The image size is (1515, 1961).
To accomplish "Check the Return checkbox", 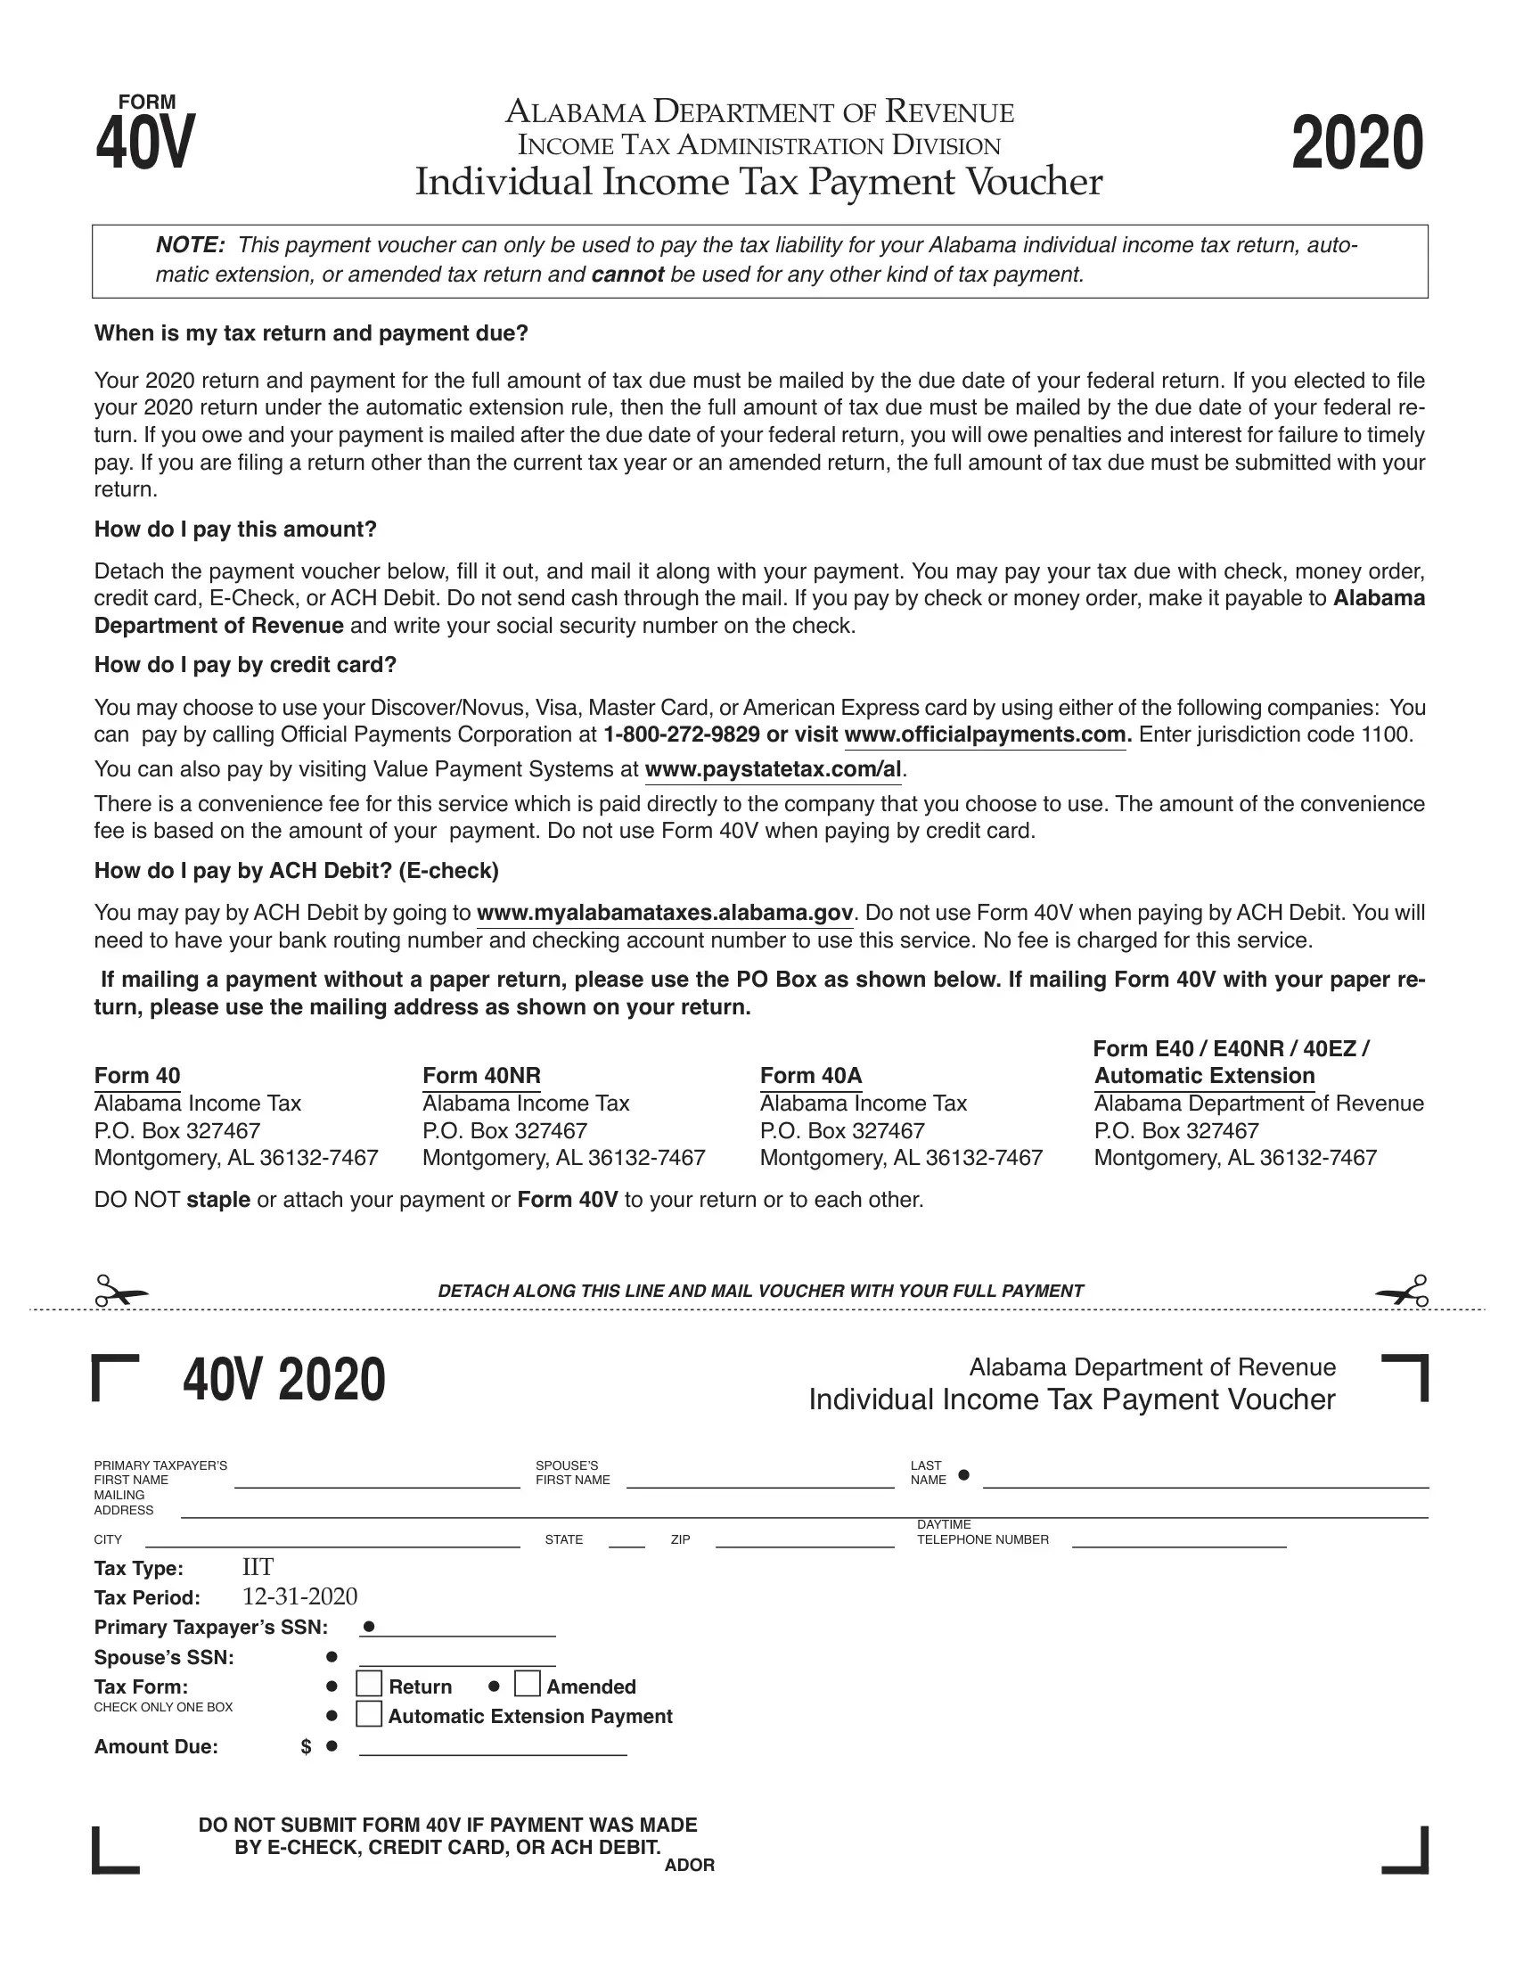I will pyautogui.click(x=369, y=1684).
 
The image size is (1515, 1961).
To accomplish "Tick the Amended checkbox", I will pyautogui.click(x=528, y=1684).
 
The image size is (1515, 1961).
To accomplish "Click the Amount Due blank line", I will pyautogui.click(x=493, y=1748).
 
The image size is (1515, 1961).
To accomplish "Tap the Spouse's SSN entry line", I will pyautogui.click(x=458, y=1660).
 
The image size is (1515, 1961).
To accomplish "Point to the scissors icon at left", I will pyautogui.click(x=121, y=1292).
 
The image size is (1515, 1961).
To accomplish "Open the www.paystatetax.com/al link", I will pyautogui.click(x=773, y=769).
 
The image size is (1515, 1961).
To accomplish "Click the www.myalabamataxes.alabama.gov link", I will pyautogui.click(x=665, y=913).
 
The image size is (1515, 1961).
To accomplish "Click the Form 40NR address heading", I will pyautogui.click(x=481, y=1076).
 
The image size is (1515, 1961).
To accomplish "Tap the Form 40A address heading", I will pyautogui.click(x=810, y=1076).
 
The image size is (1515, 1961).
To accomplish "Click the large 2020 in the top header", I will pyautogui.click(x=1357, y=144).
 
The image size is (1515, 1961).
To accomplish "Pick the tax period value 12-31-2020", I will pyautogui.click(x=299, y=1596).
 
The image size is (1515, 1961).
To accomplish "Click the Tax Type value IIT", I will pyautogui.click(x=258, y=1567).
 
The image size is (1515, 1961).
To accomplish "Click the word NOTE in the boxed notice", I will pyautogui.click(x=189, y=245).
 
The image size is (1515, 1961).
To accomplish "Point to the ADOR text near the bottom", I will pyautogui.click(x=689, y=1865).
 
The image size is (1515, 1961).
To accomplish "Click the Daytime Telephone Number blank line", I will pyautogui.click(x=1178, y=1541).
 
